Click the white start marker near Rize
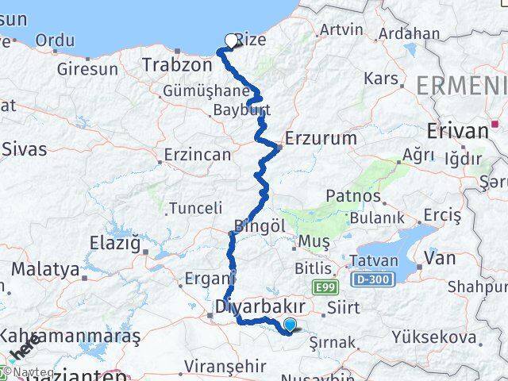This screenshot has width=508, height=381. click(x=231, y=41)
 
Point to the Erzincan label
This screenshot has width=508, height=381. click(x=197, y=154)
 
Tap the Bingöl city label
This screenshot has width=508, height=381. click(x=260, y=225)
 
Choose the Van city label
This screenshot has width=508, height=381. click(x=441, y=257)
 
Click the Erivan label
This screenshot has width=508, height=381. click(x=456, y=131)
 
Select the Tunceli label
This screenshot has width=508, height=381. click(x=194, y=208)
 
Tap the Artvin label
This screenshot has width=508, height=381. click(x=341, y=30)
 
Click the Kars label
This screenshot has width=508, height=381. click(x=379, y=78)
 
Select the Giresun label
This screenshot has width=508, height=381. click(x=86, y=69)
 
